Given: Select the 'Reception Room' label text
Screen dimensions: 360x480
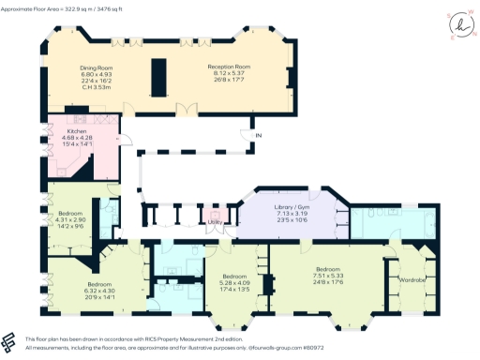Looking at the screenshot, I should pyautogui.click(x=232, y=67).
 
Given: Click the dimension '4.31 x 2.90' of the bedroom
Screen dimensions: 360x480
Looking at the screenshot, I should pyautogui.click(x=69, y=219).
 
